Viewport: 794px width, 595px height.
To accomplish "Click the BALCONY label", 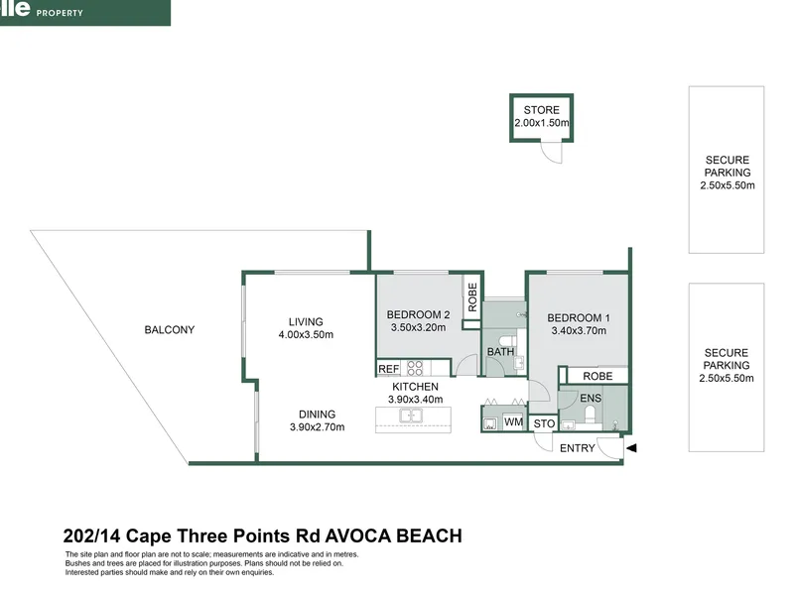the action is coord(169,330).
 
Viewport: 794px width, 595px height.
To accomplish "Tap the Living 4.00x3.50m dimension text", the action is coord(306,334).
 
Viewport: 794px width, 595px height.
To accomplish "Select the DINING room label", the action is coord(317,415).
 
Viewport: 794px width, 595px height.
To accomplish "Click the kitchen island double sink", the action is coord(412,416).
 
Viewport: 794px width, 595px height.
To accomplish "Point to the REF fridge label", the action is coord(388,369).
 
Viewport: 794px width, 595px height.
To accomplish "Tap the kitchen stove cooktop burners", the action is coord(415,368).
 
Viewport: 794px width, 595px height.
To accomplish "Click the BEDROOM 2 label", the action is coord(418,314).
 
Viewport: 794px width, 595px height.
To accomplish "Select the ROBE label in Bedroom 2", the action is coord(472,297).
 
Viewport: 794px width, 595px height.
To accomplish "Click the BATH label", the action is coord(501,352).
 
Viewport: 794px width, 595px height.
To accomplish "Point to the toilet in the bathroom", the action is coord(507,341).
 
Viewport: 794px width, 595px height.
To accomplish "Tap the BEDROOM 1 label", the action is coord(579,317).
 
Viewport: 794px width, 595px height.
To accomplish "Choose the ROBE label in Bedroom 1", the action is coord(597,377).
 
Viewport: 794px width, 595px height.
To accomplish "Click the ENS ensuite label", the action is coord(591,399).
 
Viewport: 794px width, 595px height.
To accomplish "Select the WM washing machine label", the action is coord(513,421).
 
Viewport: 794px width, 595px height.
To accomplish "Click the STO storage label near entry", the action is coord(544,423).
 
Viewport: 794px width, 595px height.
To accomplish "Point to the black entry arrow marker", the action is coord(631,448).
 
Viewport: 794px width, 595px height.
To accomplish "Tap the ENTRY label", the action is coord(578,448).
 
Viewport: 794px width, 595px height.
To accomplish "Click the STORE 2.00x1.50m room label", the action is coord(541,116).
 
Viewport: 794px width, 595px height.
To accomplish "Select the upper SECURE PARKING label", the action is coord(728,173).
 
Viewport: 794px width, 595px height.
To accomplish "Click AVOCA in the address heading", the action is coord(357,535).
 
